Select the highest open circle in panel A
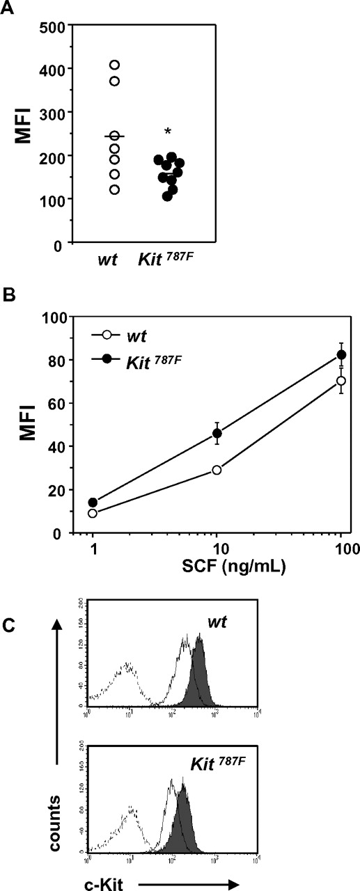(115, 65)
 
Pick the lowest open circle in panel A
(115, 189)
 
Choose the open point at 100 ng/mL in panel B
(341, 381)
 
